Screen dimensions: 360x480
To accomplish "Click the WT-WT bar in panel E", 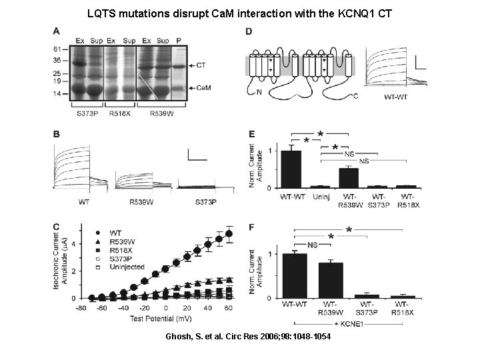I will (291, 169).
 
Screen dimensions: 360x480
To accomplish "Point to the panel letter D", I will (249, 31).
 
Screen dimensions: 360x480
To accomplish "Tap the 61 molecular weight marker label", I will (57, 49).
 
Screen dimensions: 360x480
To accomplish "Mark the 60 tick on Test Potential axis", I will (229, 309).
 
